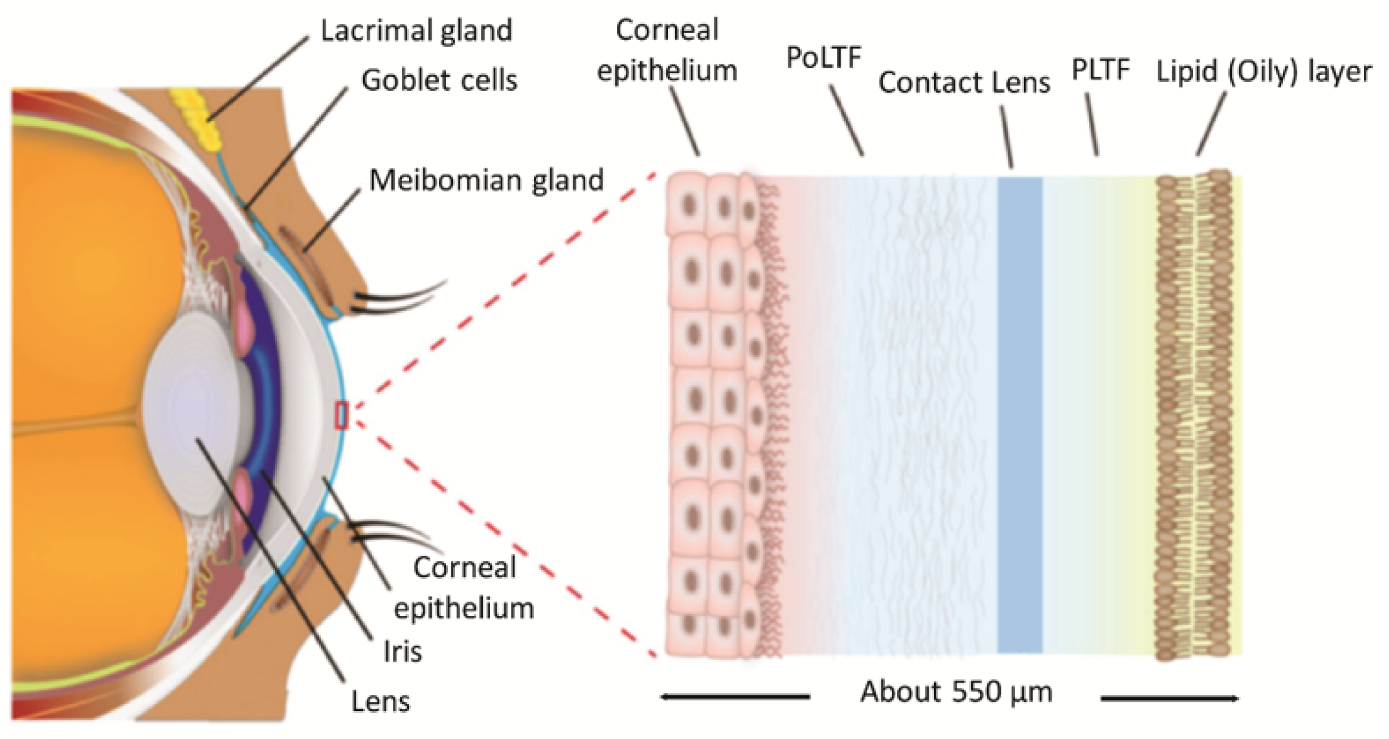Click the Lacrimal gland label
tap(416, 31)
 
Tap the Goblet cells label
tap(439, 80)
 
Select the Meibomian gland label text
tap(486, 180)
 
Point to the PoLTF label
tap(823, 58)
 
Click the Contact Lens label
tap(964, 82)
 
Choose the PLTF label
tap(1100, 70)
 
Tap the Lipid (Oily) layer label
tap(1263, 71)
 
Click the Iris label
tap(402, 652)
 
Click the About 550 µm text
tap(956, 692)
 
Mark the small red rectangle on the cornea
tap(341, 415)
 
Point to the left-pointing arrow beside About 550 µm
tap(735, 697)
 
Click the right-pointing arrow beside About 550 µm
tap(1169, 698)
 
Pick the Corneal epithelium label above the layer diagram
tap(667, 50)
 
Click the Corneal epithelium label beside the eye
tap(464, 588)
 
